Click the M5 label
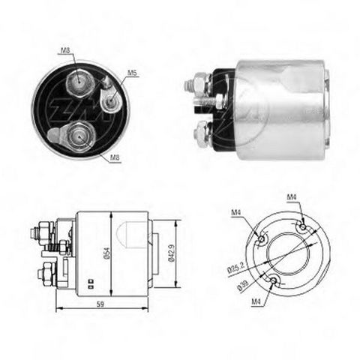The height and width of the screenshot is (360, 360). click(x=132, y=73)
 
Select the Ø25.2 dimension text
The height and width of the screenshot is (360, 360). click(x=236, y=265)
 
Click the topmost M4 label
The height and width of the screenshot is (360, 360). click(x=292, y=198)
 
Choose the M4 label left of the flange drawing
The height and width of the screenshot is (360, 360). click(x=235, y=213)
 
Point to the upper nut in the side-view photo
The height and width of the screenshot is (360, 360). click(x=202, y=82)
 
